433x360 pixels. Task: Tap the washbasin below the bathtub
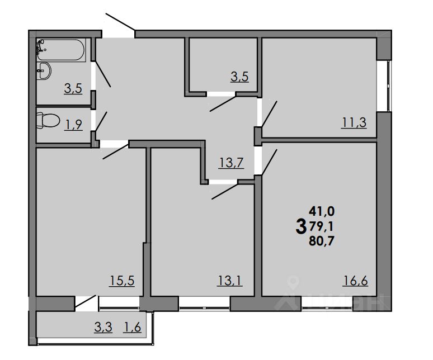[44, 71]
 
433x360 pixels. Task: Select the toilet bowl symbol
[48, 120]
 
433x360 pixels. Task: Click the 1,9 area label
[73, 125]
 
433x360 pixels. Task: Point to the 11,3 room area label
[354, 122]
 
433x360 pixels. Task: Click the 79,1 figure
[321, 226]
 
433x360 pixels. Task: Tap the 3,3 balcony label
[103, 326]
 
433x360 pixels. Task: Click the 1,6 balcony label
[132, 326]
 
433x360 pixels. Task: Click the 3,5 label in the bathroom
[73, 88]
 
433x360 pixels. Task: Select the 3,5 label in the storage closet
[239, 77]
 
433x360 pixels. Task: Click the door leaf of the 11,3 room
[269, 113]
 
